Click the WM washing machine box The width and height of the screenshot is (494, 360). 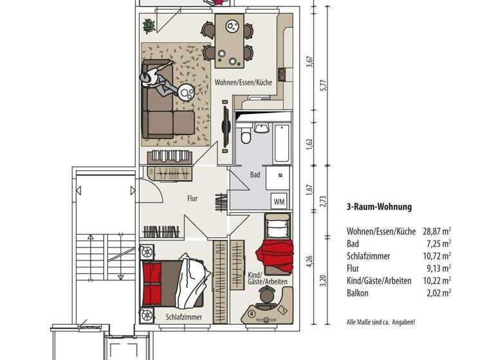click(x=280, y=201)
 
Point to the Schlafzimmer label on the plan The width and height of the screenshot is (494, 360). click(x=184, y=317)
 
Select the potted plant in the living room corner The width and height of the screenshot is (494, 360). click(x=149, y=26)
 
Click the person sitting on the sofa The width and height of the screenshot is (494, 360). click(x=156, y=82)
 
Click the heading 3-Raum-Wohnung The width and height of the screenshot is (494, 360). click(x=379, y=207)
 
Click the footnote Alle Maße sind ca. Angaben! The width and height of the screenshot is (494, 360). click(x=381, y=321)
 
